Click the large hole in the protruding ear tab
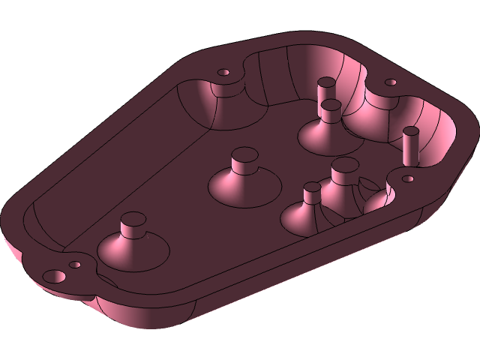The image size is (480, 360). [55, 276]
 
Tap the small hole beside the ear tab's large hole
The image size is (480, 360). [75, 265]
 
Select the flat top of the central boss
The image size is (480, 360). [244, 155]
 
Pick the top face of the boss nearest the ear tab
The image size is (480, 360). [133, 220]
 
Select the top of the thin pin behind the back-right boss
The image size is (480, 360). [326, 82]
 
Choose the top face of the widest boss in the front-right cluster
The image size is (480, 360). [344, 164]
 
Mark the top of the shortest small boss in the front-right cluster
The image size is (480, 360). [312, 187]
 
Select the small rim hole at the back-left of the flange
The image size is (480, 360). [223, 73]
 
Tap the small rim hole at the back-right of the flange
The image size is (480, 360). [390, 82]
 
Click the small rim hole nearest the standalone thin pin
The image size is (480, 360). [409, 179]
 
